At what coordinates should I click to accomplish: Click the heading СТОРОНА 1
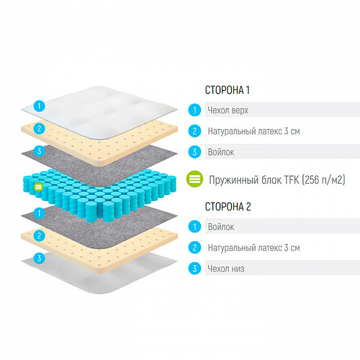227,90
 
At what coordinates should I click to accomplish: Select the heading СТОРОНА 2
228,206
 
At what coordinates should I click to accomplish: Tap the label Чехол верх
228,110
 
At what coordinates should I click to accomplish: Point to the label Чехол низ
226,268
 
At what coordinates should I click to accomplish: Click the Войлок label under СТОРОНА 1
221,152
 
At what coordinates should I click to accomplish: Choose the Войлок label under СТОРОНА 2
221,227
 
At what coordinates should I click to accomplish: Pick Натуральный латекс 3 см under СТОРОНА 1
254,131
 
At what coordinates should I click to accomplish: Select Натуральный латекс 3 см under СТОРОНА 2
254,248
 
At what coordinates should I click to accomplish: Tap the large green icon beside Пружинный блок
194,179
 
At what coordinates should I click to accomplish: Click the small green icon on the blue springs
38,187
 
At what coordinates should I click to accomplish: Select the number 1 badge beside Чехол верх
194,110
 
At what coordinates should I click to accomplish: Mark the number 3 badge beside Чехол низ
194,268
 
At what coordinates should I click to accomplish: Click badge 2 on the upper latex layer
39,128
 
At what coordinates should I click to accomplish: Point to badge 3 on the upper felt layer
39,151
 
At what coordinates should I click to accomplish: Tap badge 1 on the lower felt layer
39,213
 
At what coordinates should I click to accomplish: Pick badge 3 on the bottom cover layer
39,258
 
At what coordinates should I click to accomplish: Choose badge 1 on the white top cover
39,106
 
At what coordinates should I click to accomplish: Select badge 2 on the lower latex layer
39,236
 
